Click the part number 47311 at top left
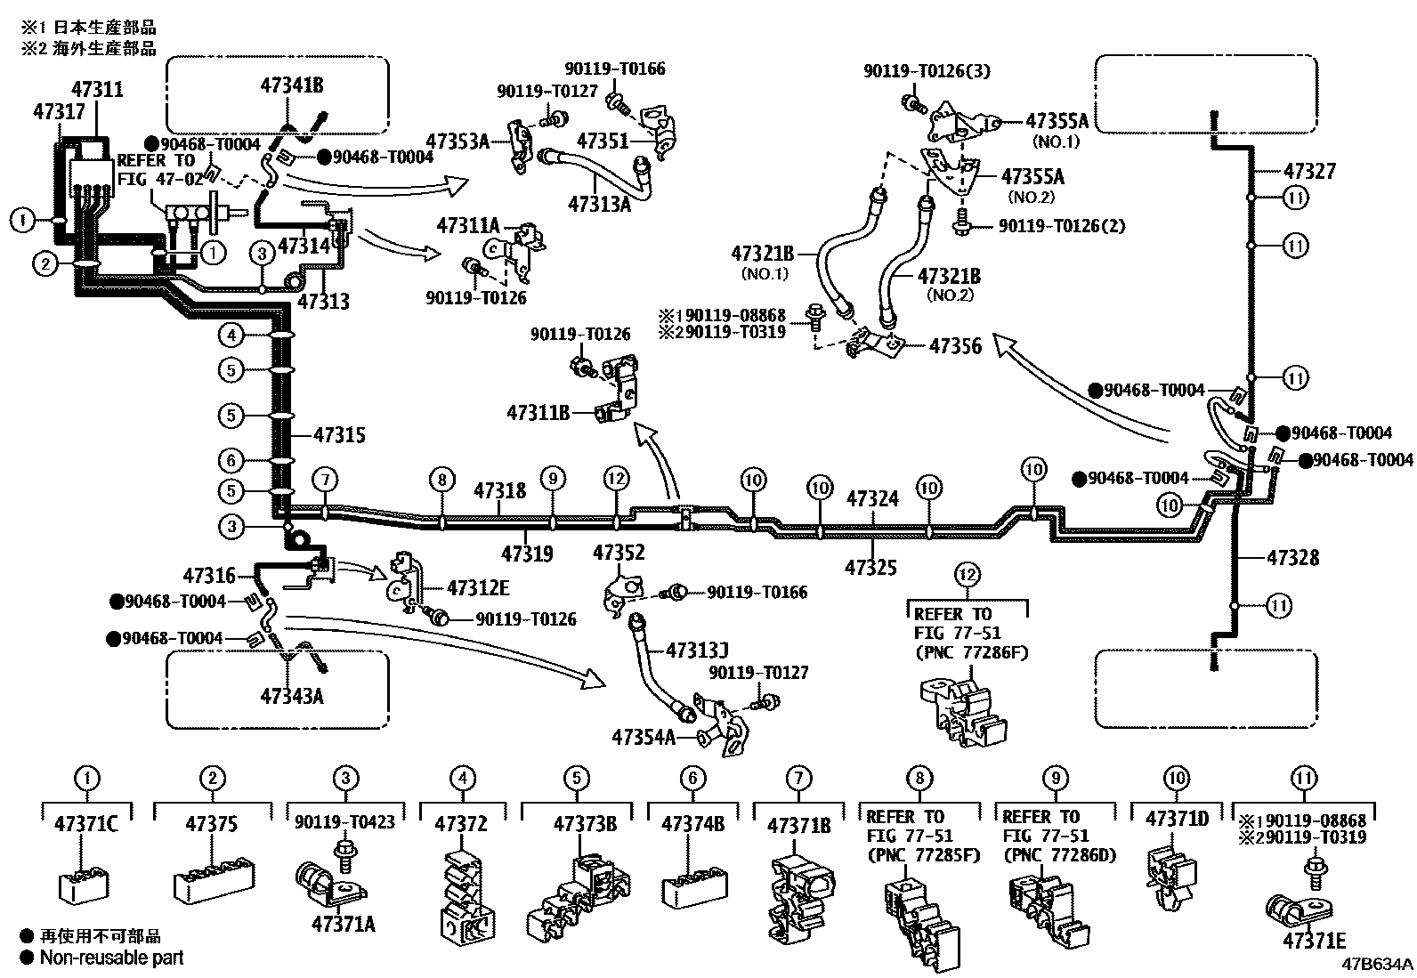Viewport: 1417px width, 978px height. point(97,90)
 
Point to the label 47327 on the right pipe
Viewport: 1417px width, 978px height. point(1310,172)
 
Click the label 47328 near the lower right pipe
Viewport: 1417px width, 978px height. point(1292,559)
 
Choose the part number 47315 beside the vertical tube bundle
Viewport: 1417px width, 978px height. point(339,435)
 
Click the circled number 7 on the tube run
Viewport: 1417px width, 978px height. point(326,480)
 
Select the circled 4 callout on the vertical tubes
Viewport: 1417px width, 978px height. point(231,335)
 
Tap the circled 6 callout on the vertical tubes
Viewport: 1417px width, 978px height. point(231,460)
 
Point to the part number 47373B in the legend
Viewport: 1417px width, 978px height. point(585,824)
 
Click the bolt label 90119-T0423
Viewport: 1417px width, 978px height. point(344,823)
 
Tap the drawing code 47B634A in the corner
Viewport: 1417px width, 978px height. point(1378,964)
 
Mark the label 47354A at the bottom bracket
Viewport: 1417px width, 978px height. point(644,737)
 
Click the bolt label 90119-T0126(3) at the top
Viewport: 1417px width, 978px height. point(927,71)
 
